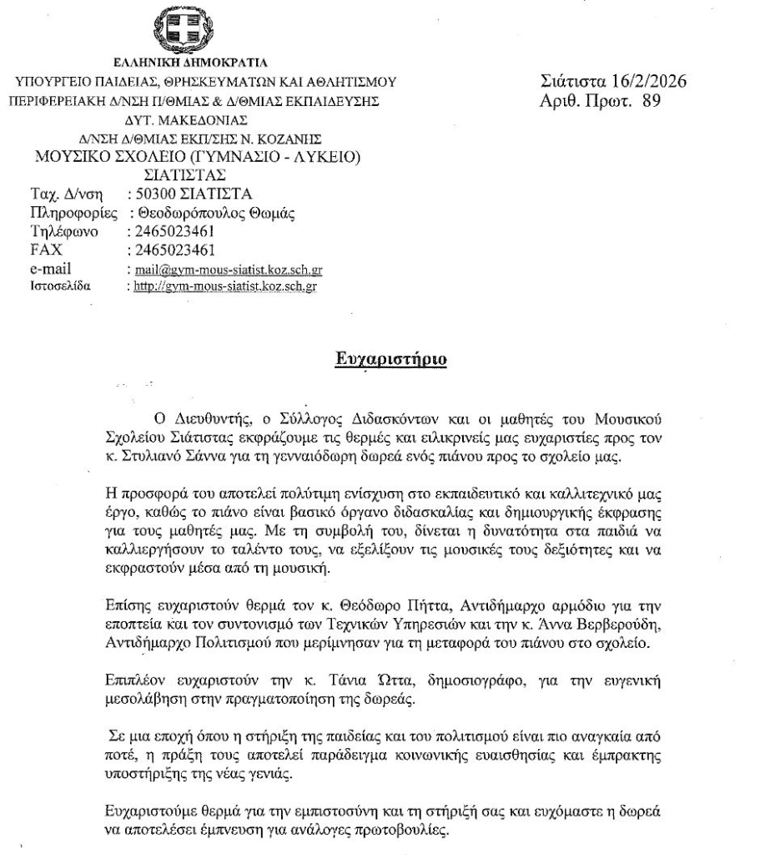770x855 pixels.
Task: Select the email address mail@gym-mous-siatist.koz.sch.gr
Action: [224, 271]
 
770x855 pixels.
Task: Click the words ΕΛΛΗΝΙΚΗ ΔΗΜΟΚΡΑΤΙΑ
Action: [193, 63]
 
